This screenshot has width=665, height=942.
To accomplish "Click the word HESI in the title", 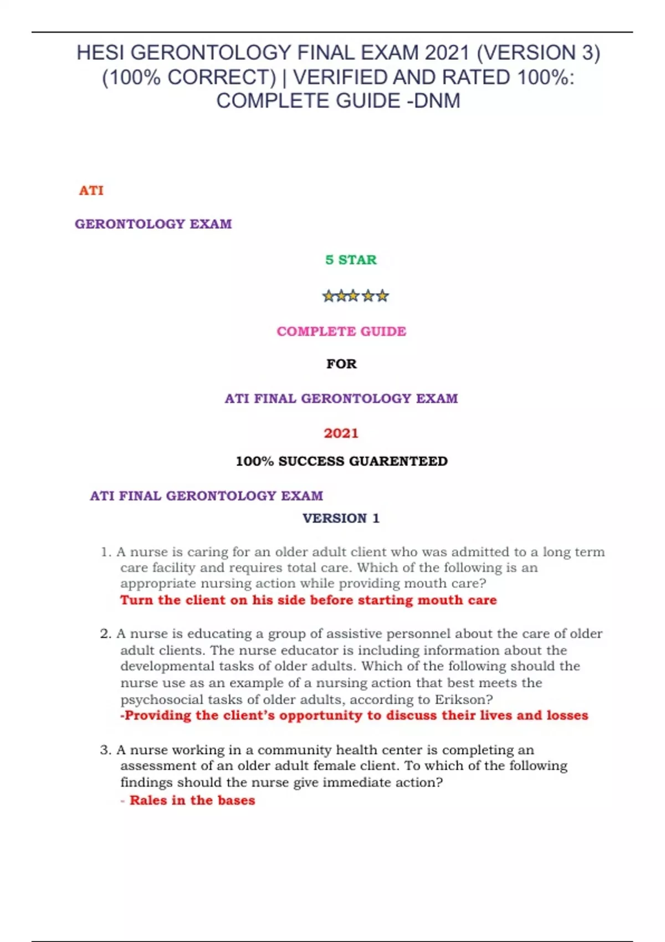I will (100, 53).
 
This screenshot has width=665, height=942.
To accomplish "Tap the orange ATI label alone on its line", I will (91, 191).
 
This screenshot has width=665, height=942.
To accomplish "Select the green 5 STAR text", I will (351, 260).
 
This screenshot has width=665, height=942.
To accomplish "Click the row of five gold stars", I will (355, 296).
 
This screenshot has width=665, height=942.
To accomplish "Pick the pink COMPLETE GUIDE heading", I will (341, 331).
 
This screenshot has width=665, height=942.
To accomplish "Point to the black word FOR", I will (341, 364).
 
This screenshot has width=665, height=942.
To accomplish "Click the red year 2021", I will (341, 433).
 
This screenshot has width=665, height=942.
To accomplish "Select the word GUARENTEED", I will (398, 461).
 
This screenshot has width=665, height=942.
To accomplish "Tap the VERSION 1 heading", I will (341, 518).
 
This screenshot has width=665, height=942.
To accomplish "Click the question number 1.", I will (105, 552).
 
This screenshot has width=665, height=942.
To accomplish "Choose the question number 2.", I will (105, 634).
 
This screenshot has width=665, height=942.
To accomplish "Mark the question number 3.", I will (105, 750).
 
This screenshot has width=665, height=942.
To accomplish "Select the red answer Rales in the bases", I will (192, 800).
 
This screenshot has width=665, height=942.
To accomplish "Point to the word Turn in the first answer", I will (137, 600).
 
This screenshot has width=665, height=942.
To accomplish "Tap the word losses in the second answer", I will (567, 715).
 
